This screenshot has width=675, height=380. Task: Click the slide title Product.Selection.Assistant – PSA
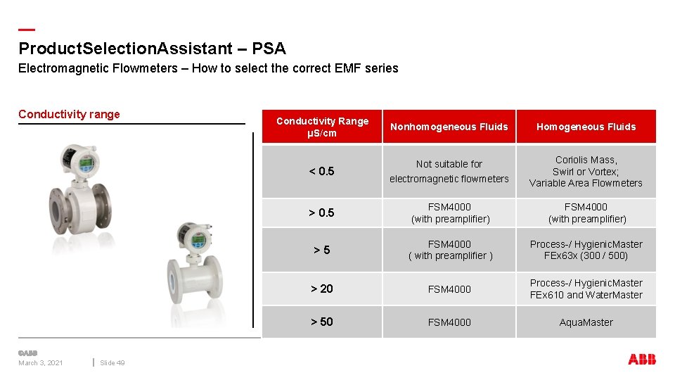(x=152, y=49)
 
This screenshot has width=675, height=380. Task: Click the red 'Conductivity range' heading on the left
(x=69, y=115)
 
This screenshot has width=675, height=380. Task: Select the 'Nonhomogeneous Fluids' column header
(x=449, y=127)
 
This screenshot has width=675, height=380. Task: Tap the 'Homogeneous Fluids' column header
(x=586, y=127)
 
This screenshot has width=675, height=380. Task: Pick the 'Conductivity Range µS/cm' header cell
(x=322, y=127)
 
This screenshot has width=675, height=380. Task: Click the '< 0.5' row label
(x=322, y=171)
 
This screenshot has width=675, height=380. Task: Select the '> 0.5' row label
(x=322, y=213)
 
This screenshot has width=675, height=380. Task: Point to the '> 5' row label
(x=322, y=250)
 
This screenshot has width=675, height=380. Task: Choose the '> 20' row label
(x=322, y=289)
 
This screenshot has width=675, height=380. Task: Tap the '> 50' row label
(x=322, y=322)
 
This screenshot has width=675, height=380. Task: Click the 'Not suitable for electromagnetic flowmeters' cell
(x=449, y=171)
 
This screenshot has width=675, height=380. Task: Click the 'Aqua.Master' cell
(x=586, y=322)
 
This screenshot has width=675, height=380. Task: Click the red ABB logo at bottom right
(x=642, y=360)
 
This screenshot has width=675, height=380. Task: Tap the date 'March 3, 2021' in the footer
(x=41, y=363)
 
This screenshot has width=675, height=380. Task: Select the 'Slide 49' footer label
(x=112, y=363)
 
